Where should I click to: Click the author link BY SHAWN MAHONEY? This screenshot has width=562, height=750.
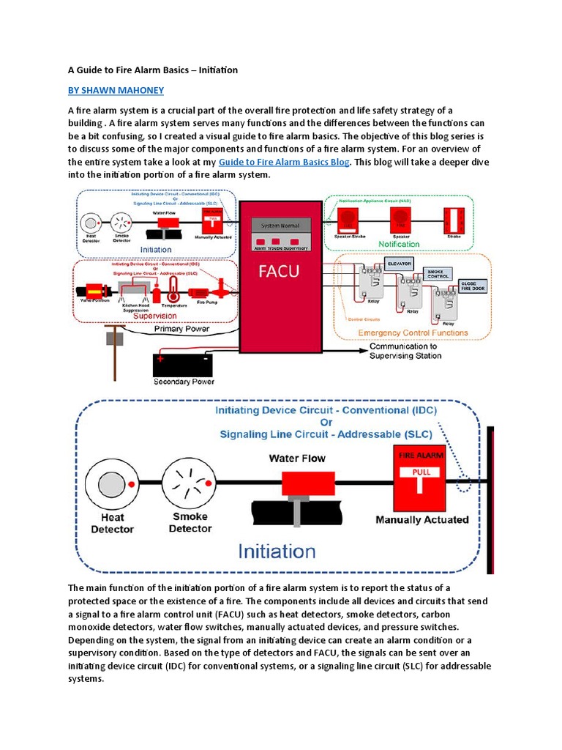tap(116, 90)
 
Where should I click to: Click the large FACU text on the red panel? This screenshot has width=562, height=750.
tap(280, 272)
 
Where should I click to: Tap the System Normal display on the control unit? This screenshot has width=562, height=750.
tap(280, 226)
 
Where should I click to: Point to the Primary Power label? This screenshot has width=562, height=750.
tap(181, 330)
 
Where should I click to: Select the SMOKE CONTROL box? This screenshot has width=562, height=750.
tap(439, 275)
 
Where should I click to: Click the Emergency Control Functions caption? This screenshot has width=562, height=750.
tap(413, 333)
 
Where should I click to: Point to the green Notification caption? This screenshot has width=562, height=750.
tap(399, 244)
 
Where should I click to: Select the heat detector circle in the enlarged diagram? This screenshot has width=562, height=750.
tap(111, 484)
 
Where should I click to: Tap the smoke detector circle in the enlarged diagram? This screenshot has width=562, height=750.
tap(189, 483)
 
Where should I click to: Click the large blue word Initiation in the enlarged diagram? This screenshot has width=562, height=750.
tap(277, 551)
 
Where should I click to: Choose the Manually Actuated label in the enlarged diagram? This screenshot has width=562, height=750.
tap(421, 520)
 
